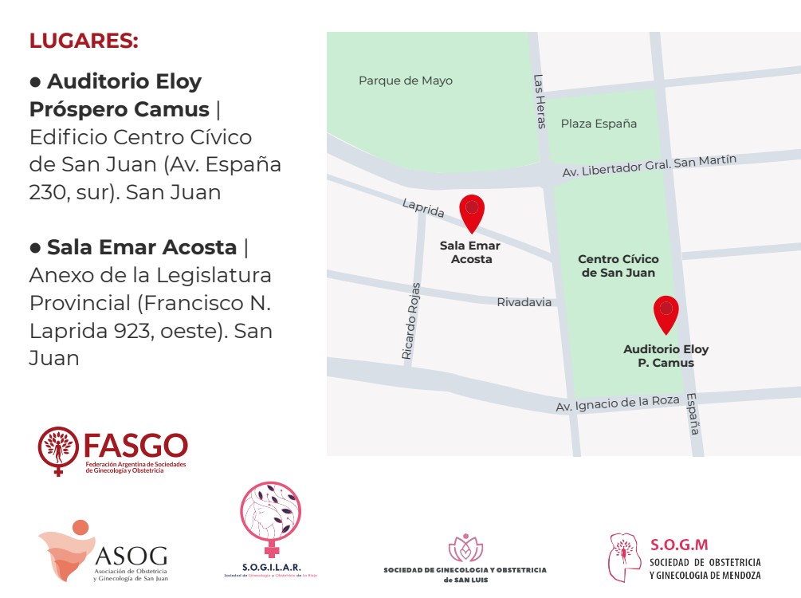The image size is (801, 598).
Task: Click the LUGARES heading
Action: coord(84,41)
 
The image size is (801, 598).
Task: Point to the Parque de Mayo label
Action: coord(405,81)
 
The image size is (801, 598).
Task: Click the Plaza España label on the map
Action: coord(599,124)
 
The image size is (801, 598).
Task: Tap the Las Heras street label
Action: coord(540,101)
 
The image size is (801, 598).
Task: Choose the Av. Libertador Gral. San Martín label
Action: coord(649,166)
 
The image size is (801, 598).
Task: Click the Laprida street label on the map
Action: coord(423,207)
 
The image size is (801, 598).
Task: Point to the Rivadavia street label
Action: coord(524,302)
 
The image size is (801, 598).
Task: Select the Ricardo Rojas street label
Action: coord(410,321)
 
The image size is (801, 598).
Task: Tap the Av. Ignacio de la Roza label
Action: coord(617,404)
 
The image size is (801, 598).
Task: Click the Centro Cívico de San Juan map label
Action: coord(618,266)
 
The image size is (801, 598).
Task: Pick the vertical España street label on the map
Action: coord(692,414)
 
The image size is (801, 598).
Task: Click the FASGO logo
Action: coord(112,451)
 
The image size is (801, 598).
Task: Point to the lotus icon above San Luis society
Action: coord(465,548)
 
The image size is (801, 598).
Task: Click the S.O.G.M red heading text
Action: coord(679,545)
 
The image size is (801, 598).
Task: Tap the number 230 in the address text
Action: coord(53,192)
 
